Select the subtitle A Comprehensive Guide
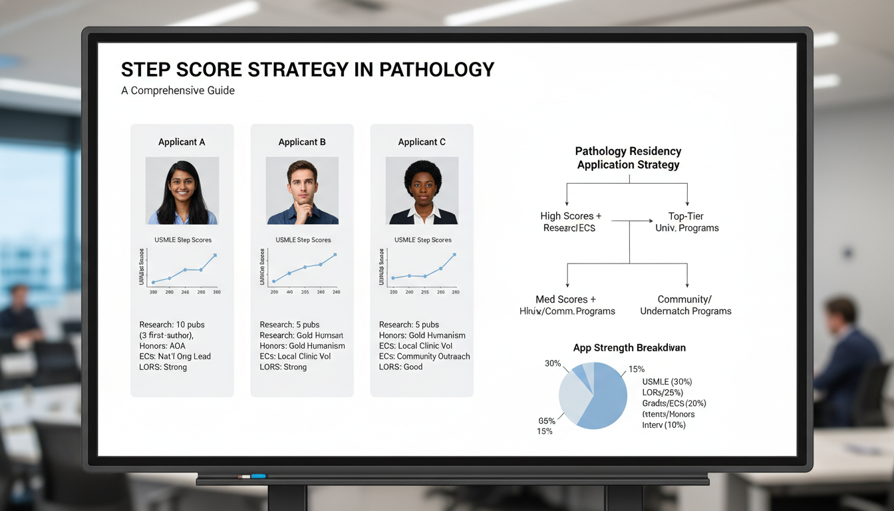[178, 90]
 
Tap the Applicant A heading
[182, 142]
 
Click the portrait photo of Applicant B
[302, 190]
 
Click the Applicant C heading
[422, 142]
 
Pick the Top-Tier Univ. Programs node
[686, 222]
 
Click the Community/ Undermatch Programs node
[686, 305]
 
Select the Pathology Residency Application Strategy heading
[628, 158]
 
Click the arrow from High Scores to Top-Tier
[633, 220]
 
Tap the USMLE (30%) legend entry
[667, 382]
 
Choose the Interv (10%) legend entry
[664, 425]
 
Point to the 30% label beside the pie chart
[552, 364]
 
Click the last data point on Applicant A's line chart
[215, 255]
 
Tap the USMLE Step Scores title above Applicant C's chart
[423, 240]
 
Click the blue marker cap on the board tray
[257, 476]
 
